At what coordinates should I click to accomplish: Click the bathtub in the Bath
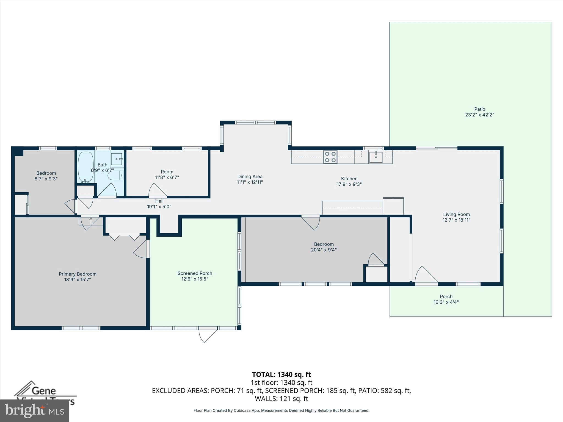coord(86,167)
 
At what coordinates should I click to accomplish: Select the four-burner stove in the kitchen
coord(330,157)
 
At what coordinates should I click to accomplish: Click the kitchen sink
coord(376,157)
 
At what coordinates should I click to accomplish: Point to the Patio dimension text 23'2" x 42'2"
coord(479,115)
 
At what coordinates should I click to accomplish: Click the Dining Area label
coord(250,177)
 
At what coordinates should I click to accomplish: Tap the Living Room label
coord(456,214)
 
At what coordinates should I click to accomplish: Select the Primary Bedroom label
coord(78,274)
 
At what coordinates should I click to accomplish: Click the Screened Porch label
coord(195,273)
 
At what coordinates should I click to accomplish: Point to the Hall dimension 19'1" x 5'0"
coord(159,207)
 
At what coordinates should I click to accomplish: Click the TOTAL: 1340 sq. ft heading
coord(281,374)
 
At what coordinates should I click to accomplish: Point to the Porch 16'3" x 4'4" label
coord(446,299)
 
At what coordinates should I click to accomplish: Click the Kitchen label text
coord(349,179)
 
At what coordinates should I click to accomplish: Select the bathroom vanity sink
coord(117,159)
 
